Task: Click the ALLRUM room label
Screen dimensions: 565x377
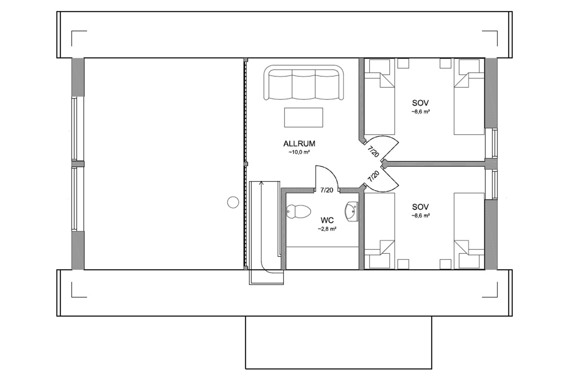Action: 299,144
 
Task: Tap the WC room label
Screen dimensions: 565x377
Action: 327,220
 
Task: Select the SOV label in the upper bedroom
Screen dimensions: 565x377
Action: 420,103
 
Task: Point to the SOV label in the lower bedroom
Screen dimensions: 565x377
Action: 420,207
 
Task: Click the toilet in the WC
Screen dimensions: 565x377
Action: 299,212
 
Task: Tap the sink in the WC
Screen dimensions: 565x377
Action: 351,212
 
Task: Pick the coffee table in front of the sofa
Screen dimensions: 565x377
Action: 303,117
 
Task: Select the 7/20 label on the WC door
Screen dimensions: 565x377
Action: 327,190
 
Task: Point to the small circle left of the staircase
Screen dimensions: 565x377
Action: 233,202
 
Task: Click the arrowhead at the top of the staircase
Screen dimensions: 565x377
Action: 262,182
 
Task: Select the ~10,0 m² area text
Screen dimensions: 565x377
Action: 299,152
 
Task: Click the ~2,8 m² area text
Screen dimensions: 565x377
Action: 327,229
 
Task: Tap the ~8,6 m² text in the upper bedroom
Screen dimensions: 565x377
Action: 420,112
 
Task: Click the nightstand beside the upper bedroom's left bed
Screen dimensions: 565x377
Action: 403,63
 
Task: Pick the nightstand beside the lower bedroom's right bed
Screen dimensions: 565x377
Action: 445,264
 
